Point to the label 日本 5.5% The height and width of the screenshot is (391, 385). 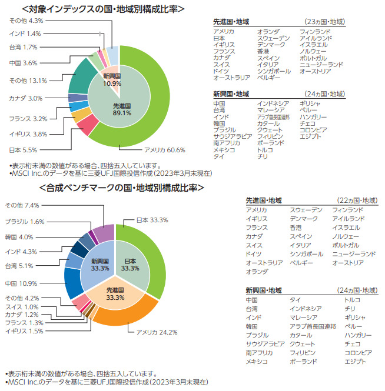coord(23,150)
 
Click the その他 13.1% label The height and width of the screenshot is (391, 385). coord(28,80)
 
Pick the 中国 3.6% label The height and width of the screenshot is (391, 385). coord(24,63)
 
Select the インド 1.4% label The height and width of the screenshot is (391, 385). coord(25,34)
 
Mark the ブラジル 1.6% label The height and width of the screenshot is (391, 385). coord(25,222)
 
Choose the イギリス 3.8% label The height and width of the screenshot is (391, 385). coord(28,134)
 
